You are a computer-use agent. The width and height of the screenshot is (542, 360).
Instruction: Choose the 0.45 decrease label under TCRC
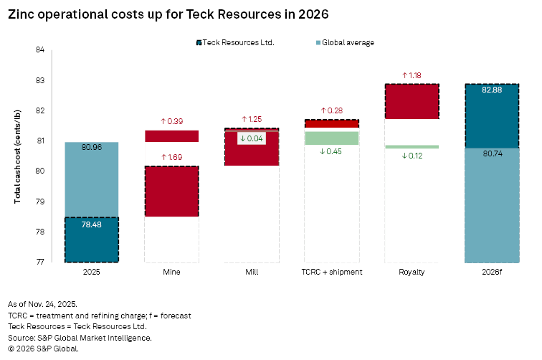tap(331, 151)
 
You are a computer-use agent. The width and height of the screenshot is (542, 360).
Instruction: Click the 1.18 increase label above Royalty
tap(412, 75)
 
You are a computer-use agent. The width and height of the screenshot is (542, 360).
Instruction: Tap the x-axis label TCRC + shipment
tap(332, 273)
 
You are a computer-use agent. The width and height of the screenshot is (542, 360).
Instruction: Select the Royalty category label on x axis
tap(412, 273)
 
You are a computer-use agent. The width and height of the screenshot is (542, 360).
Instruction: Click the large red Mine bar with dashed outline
tap(171, 191)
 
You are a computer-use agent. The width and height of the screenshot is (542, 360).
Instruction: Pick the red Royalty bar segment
tap(412, 101)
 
